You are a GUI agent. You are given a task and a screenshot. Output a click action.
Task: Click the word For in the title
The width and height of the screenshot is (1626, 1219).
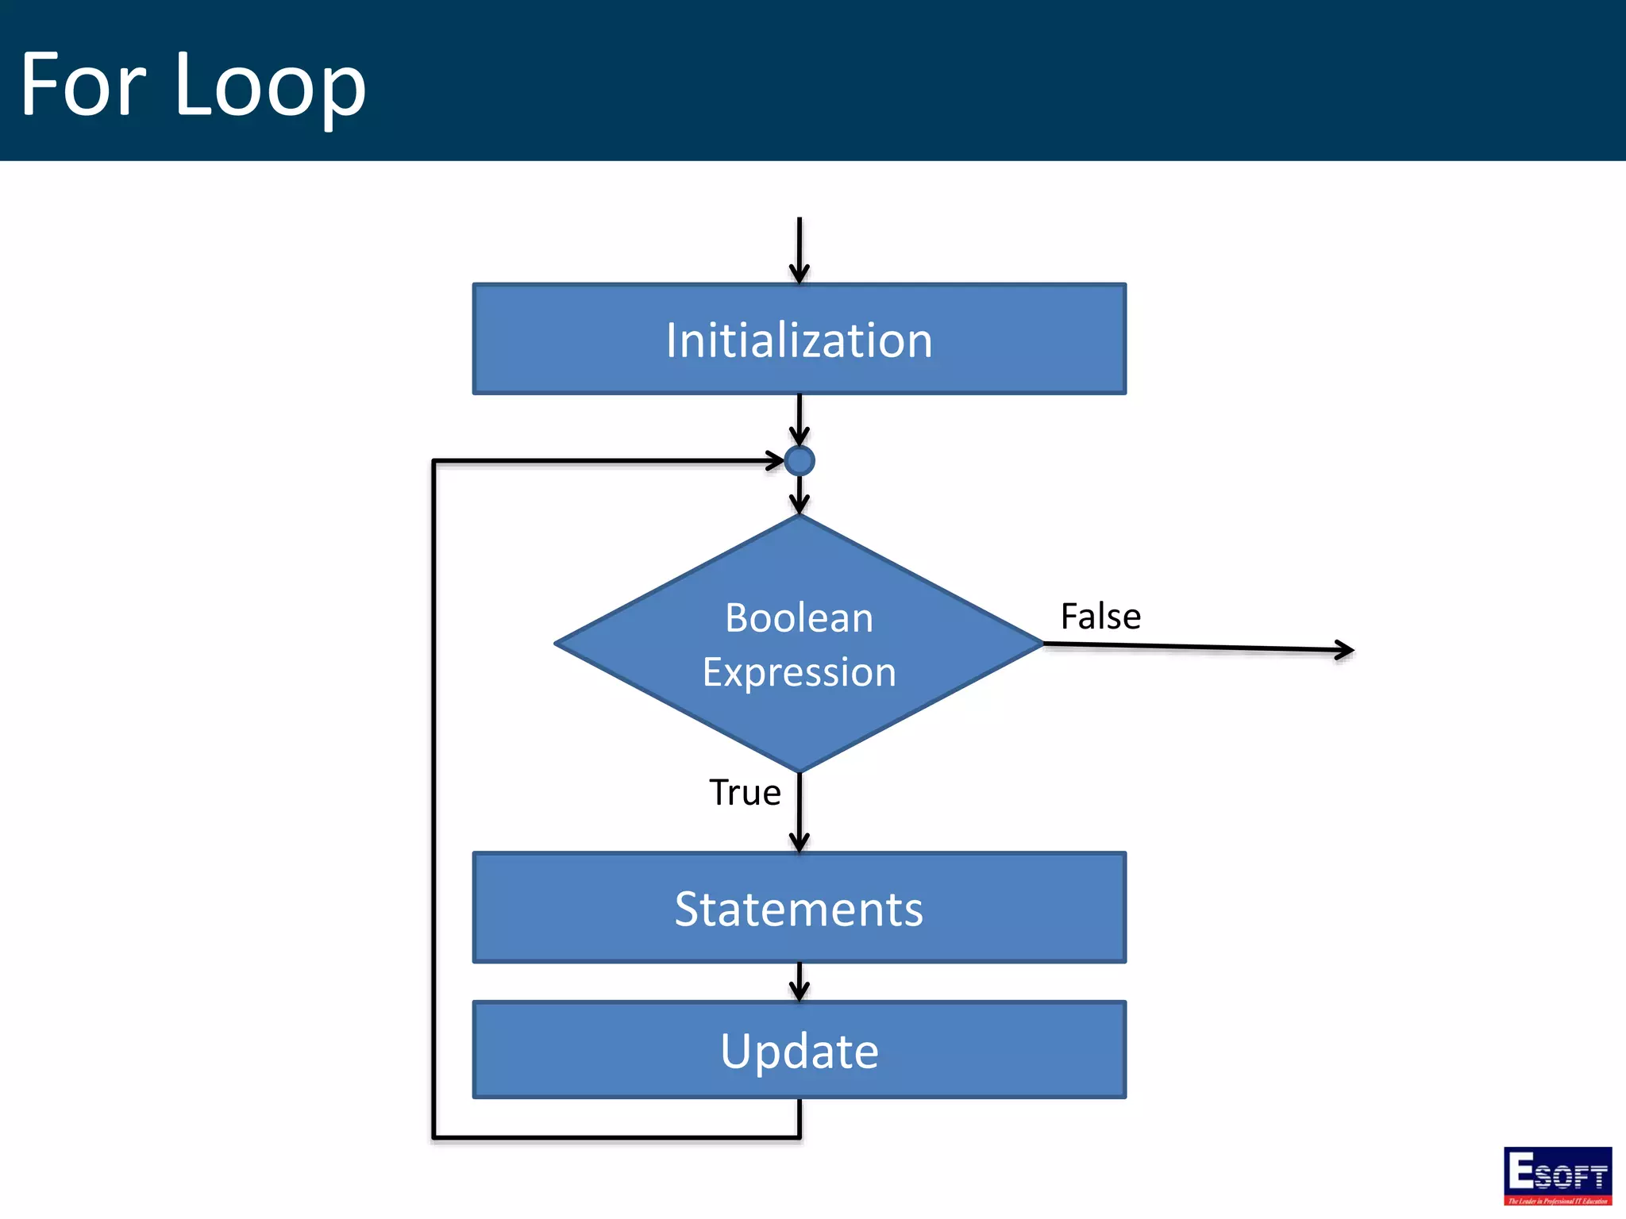coord(83,84)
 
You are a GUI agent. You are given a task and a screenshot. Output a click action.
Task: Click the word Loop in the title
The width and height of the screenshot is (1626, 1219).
coord(270,86)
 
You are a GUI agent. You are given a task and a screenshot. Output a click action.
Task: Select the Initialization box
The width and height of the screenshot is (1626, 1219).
coord(799,339)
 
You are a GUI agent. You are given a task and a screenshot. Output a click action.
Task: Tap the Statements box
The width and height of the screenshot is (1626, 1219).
coord(799,908)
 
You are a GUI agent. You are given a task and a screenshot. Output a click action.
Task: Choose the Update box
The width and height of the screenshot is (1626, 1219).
coord(799,1050)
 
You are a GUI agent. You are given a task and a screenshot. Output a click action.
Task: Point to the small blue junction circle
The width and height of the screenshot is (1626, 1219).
coord(799,460)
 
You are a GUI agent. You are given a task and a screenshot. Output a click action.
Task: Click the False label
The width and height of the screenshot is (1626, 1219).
coord(1100,616)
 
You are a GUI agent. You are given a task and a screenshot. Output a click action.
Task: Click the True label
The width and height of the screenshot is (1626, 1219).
coord(744,792)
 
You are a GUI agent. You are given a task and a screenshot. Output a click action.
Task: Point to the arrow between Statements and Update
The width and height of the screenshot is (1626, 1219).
coord(799,982)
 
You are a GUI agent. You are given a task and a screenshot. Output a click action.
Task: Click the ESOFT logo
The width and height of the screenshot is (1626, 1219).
coord(1557,1175)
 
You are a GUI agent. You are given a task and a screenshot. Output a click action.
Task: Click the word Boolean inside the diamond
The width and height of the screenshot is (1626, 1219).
coord(799,617)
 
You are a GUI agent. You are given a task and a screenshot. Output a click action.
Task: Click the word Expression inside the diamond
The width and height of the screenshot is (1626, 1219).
coord(799,672)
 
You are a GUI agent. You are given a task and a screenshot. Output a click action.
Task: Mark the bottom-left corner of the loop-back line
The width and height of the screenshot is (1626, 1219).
coord(434,1137)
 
